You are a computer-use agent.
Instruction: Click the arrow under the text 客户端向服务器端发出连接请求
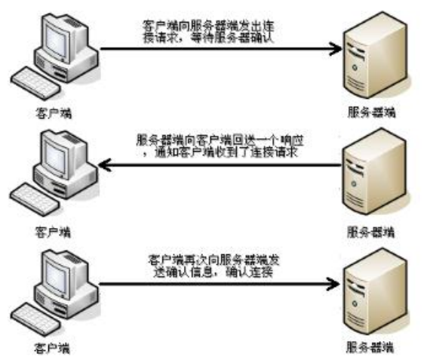click(219, 51)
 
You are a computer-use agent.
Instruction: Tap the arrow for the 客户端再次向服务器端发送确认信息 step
click(219, 286)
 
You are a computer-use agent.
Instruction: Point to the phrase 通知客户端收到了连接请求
click(224, 153)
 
